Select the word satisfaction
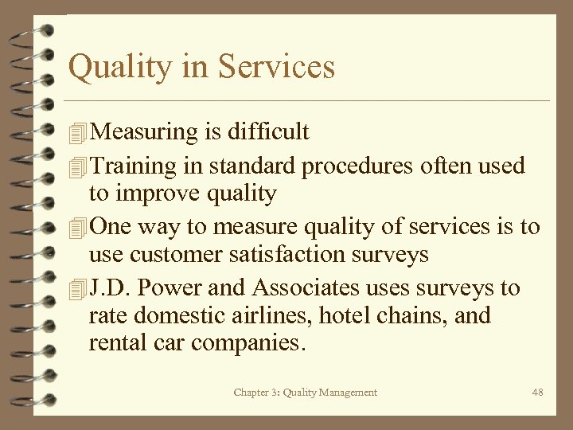coord(286,255)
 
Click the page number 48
coord(537,392)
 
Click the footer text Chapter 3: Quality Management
coord(306,392)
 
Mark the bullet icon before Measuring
coord(76,132)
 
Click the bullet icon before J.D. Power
coord(76,288)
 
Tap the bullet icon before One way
coord(76,228)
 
